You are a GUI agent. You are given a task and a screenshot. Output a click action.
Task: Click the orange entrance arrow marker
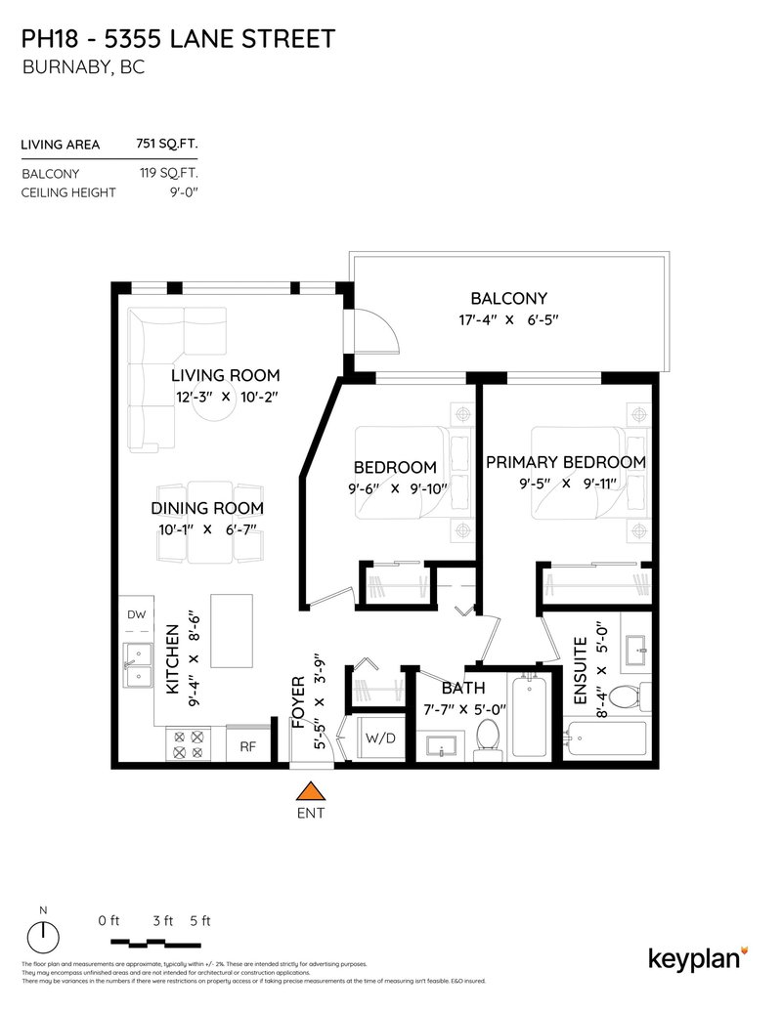pyautogui.click(x=310, y=791)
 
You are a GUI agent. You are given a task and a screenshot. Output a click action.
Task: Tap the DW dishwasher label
pyautogui.click(x=137, y=614)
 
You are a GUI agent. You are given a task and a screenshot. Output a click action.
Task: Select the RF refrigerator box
pyautogui.click(x=248, y=746)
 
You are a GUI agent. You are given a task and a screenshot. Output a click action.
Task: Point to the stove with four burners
pyautogui.click(x=189, y=745)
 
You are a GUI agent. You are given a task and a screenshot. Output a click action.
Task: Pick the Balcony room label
pyautogui.click(x=508, y=299)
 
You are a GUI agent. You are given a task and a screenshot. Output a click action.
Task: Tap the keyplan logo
pyautogui.click(x=698, y=957)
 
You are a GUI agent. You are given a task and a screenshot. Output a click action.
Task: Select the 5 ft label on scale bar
pyautogui.click(x=199, y=920)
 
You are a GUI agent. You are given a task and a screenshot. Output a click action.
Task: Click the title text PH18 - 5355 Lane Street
pyautogui.click(x=178, y=39)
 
